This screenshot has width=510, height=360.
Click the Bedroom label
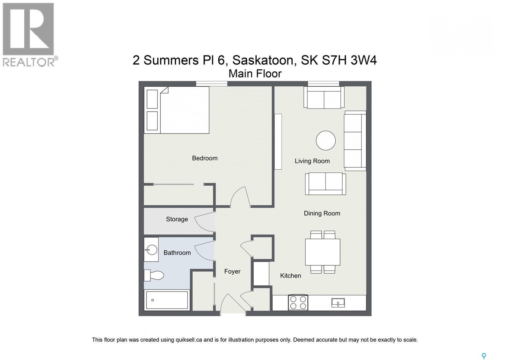click(x=205, y=158)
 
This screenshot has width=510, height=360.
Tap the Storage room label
click(x=177, y=219)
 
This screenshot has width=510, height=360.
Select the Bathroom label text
click(x=177, y=253)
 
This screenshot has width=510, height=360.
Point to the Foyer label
click(x=232, y=271)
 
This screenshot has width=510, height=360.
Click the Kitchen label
click(x=290, y=276)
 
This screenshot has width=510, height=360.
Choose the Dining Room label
click(x=322, y=213)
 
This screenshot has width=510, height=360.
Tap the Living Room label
click(x=312, y=161)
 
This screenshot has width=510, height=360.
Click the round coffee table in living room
click(x=326, y=140)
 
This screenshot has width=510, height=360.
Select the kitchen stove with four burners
click(x=298, y=302)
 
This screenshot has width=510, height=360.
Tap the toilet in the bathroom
click(x=154, y=275)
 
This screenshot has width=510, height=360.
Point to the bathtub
click(x=167, y=300)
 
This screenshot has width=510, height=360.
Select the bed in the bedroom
click(x=177, y=110)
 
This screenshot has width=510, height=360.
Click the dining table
click(x=323, y=252)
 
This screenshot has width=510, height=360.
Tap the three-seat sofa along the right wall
click(x=355, y=140)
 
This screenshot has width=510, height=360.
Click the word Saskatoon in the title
click(x=263, y=60)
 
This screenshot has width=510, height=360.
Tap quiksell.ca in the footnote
click(x=188, y=340)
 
